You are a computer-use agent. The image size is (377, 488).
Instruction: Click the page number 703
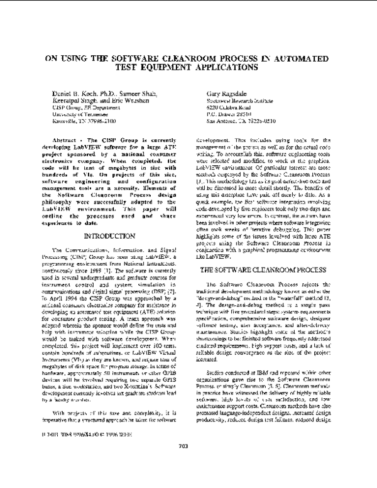(188, 464)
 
